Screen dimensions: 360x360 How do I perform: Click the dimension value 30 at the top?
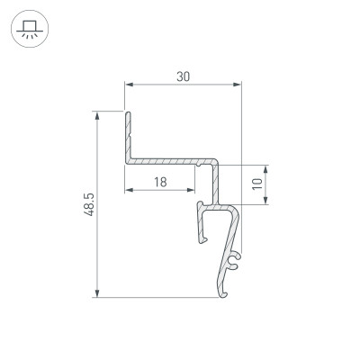point(183,77)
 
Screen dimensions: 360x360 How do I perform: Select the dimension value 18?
point(159,182)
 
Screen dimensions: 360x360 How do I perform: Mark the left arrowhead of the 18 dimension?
point(129,192)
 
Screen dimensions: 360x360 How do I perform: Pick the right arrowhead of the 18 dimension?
point(192,192)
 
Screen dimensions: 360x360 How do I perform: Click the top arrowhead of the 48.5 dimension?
point(96,115)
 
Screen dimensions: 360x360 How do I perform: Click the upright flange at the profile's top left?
point(128,135)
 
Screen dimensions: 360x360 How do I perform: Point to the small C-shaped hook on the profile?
point(234,262)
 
